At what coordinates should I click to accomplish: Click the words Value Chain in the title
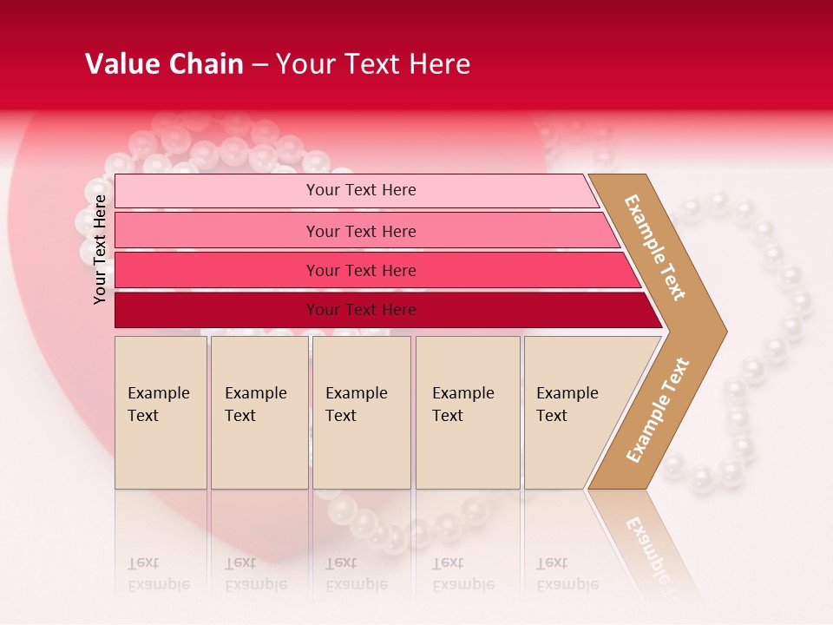click(164, 64)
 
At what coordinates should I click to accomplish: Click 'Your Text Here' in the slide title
click(373, 64)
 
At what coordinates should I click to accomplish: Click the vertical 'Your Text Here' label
click(100, 250)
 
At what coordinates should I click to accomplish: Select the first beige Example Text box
click(161, 412)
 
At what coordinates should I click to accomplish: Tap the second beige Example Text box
click(259, 412)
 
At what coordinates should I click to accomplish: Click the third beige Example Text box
click(361, 412)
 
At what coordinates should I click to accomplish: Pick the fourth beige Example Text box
click(468, 412)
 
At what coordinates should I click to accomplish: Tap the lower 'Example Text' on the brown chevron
click(658, 411)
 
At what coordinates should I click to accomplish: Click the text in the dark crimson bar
click(361, 310)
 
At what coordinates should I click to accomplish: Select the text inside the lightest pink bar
click(361, 190)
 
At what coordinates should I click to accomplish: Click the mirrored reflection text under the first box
click(159, 574)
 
